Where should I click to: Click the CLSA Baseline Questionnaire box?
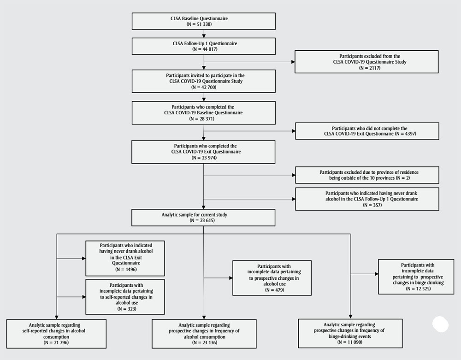pos(203,21)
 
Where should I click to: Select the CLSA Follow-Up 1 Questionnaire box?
pos(203,46)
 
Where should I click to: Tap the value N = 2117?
pos(366,68)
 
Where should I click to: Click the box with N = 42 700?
pos(203,81)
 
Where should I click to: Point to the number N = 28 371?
pos(203,119)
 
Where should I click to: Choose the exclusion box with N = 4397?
pos(366,131)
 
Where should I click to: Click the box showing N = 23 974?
pos(203,152)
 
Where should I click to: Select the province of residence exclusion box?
pos(366,175)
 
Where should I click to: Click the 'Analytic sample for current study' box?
pos(203,218)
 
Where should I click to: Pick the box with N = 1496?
pos(124,258)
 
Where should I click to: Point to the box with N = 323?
pos(124,296)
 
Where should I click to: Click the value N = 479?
pos(272,289)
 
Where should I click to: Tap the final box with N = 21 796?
pos(56,342)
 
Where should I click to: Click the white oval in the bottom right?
pos(440,324)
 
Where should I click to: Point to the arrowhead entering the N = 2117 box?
pos(293,61)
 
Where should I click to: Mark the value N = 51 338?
pos(203,24)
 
